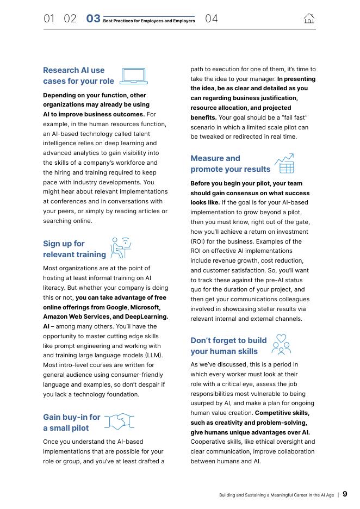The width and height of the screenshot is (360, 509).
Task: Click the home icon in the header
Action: tap(309, 19)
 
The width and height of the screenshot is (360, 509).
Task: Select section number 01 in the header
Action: tap(49, 19)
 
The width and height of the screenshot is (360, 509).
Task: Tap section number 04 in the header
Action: tap(212, 19)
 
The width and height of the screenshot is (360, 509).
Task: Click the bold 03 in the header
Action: tap(93, 19)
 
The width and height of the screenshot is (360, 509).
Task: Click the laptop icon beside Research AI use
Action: tap(134, 76)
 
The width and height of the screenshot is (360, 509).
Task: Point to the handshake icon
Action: tap(119, 422)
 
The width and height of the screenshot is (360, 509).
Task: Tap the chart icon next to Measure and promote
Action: tap(284, 164)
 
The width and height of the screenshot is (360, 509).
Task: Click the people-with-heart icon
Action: tap(281, 345)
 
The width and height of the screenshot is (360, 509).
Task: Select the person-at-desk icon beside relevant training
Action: tap(121, 249)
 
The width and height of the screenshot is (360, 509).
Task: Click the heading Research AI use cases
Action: tap(78, 76)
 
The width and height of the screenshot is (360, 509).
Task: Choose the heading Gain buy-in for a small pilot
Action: tap(71, 423)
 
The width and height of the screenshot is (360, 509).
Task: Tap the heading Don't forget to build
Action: tap(228, 346)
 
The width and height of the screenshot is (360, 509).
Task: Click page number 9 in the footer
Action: tap(345, 494)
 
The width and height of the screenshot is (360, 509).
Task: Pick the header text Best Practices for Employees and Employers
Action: tap(148, 21)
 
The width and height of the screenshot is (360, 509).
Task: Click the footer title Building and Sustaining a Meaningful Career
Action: tap(276, 495)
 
